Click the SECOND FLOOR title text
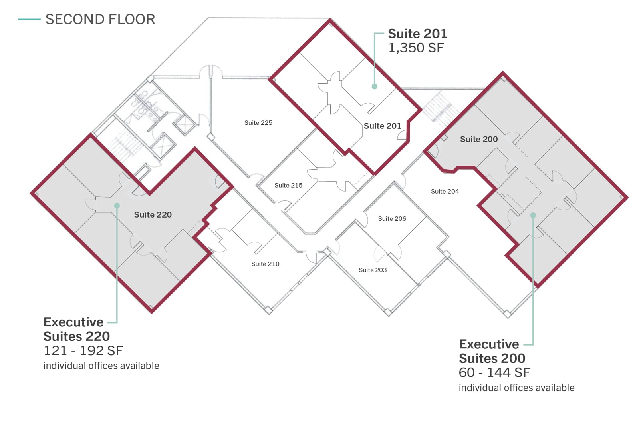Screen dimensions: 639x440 coord(100,20)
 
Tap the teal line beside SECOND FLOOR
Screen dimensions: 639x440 coord(30,20)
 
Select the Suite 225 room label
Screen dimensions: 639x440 coord(258,123)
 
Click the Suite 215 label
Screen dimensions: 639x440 coord(288,186)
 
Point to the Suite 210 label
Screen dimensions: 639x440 coord(265,264)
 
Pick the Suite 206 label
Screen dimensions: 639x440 coord(392,219)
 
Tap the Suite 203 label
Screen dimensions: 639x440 coord(373,270)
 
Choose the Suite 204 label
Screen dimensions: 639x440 coord(445,192)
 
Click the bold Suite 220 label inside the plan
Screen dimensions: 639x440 coord(153,215)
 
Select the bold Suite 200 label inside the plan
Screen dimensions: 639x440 coord(479,139)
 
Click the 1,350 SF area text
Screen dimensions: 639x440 coord(416,48)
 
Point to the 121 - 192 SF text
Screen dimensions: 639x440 coord(83,351)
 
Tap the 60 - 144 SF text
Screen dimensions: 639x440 coord(494,372)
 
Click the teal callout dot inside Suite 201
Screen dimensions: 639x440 coord(375,86)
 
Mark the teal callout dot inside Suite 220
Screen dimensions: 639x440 coord(117,206)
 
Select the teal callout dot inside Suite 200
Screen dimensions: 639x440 coord(533,215)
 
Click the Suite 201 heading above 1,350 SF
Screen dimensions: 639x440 coord(418,34)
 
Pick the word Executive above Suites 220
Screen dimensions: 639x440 coord(73,322)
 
